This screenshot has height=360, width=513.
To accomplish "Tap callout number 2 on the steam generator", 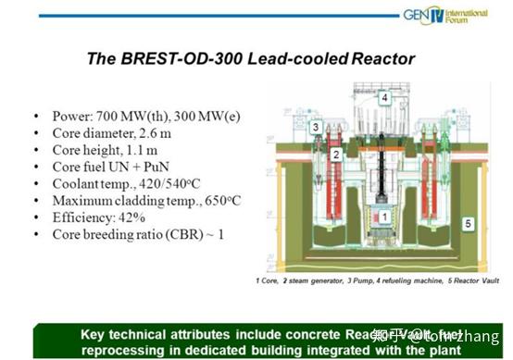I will pyautogui.click(x=338, y=154).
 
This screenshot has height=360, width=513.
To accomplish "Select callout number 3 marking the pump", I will pyautogui.click(x=316, y=127).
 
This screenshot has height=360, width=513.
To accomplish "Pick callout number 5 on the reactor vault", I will pyautogui.click(x=468, y=223).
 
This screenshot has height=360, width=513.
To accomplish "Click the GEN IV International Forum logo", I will pyautogui.click(x=444, y=16).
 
